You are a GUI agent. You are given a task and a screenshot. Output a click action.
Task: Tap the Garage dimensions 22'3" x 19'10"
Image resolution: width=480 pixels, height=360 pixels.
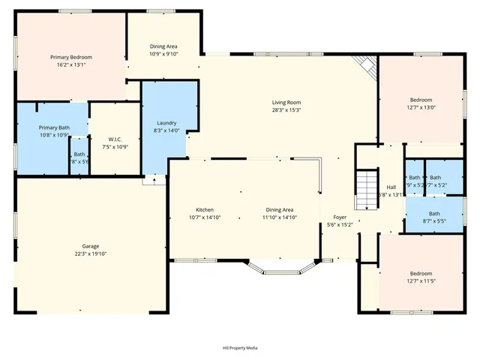(91, 254)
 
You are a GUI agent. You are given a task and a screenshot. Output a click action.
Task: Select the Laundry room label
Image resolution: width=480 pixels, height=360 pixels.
(166, 123)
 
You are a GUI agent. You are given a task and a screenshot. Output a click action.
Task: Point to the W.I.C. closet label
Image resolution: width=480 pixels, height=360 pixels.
(115, 139)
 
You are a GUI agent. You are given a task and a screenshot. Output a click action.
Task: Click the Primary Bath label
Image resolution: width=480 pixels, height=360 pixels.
(54, 127)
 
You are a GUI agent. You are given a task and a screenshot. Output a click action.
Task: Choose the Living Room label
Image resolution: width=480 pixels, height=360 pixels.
(286, 102)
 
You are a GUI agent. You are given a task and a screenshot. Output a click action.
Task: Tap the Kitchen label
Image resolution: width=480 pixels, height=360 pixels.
(205, 209)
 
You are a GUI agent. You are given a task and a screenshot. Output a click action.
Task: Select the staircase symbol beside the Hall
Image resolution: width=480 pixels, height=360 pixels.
(364, 190)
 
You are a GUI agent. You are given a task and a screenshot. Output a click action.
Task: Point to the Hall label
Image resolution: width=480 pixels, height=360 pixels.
(391, 187)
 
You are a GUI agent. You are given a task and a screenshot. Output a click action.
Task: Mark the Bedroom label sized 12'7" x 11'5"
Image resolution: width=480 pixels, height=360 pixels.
(420, 273)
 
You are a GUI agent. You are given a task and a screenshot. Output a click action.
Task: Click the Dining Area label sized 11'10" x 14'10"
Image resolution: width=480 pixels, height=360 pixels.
(278, 209)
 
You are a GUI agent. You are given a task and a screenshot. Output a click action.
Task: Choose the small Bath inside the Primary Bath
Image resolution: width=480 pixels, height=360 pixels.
(79, 157)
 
